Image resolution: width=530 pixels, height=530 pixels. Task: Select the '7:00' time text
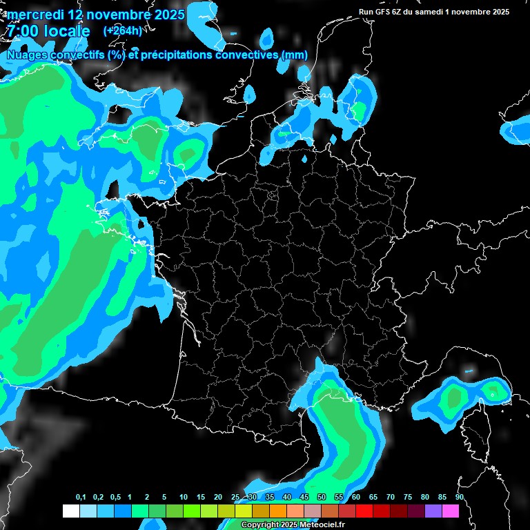[x=22, y=31]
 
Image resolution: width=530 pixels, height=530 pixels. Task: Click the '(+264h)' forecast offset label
[x=122, y=30]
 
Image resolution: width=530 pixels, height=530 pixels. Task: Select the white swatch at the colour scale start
[x=70, y=511]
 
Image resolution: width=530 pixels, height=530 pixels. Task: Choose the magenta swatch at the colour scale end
[x=450, y=511]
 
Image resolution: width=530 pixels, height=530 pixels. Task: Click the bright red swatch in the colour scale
[x=364, y=511]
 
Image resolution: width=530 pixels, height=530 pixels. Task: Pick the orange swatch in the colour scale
[x=277, y=511]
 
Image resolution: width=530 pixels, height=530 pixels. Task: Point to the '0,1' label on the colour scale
[x=81, y=498]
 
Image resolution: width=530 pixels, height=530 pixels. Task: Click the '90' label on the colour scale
[x=460, y=498]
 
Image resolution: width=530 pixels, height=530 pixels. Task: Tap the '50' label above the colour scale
[x=322, y=498]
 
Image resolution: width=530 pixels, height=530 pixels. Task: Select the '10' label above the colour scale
[x=184, y=498]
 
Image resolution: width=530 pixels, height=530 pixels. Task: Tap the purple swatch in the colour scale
[x=433, y=511]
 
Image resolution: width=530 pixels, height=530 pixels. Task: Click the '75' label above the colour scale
[x=408, y=498]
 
